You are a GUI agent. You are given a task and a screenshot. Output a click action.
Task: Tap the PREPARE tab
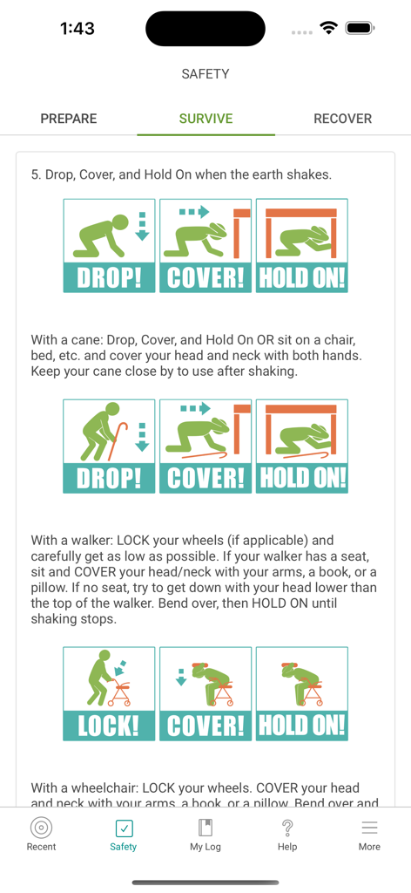pyautogui.click(x=69, y=119)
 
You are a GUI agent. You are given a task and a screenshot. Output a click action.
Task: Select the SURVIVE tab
pyautogui.click(x=205, y=119)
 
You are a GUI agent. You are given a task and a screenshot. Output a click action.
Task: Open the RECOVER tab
pyautogui.click(x=342, y=119)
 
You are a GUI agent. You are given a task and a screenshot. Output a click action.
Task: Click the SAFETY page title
pyautogui.click(x=205, y=74)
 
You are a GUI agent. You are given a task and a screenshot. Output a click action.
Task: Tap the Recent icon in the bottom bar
pyautogui.click(x=41, y=828)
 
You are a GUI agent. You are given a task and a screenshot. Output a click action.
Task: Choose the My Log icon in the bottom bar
pyautogui.click(x=205, y=828)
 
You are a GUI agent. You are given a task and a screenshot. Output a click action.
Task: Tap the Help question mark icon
pyautogui.click(x=287, y=828)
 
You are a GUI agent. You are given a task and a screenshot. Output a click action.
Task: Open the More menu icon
pyautogui.click(x=369, y=828)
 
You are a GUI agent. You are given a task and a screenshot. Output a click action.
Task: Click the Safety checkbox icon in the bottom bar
pyautogui.click(x=124, y=828)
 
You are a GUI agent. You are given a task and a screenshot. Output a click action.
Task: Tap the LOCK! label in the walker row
pyautogui.click(x=109, y=726)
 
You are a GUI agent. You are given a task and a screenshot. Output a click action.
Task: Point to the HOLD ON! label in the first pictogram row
pyautogui.click(x=302, y=277)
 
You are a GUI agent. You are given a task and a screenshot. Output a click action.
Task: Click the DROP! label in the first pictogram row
pyautogui.click(x=109, y=277)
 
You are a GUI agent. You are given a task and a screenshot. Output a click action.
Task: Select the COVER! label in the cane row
pyautogui.click(x=205, y=478)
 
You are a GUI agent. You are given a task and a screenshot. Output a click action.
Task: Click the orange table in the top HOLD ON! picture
pyautogui.click(x=301, y=214)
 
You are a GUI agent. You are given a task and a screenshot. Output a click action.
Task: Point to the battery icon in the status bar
pyautogui.click(x=359, y=29)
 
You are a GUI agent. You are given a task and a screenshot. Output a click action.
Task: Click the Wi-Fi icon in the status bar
pyautogui.click(x=328, y=29)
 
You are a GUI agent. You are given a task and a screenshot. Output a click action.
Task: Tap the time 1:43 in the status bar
pyautogui.click(x=77, y=29)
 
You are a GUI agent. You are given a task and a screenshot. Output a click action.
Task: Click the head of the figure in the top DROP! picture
pyautogui.click(x=119, y=223)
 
